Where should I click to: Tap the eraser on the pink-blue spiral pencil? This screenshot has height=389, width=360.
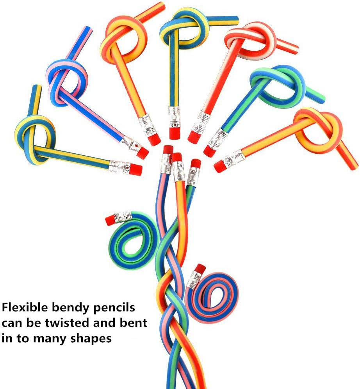pos(200,269)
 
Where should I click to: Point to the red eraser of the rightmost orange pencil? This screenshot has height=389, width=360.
pos(220,167)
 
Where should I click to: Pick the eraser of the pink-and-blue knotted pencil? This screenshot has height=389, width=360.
pos(143,153)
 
